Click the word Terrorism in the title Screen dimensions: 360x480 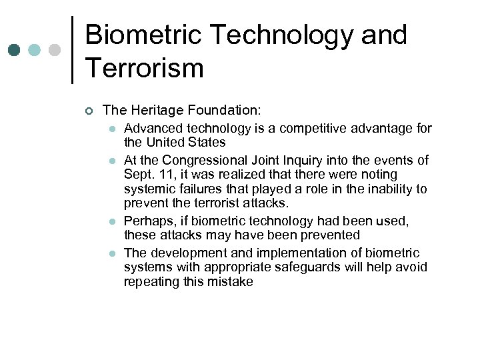click(x=144, y=68)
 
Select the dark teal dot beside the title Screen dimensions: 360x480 click(x=15, y=50)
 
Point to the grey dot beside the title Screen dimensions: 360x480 click(x=55, y=50)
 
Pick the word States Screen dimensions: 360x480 click(x=209, y=142)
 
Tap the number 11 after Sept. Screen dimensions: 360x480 click(x=161, y=174)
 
